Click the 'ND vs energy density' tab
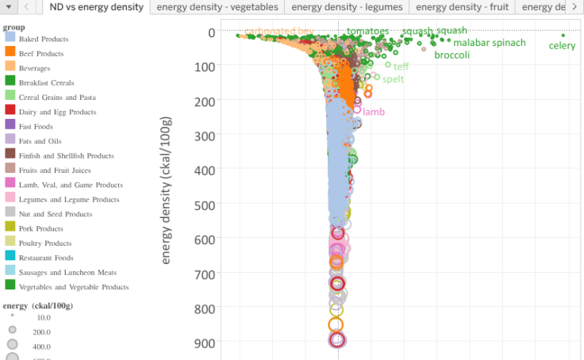94,7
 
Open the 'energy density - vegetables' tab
217,7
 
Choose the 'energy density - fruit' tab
462,7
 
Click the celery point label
562,46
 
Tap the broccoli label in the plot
451,56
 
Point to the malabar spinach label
489,43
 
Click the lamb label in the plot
374,112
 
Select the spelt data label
393,79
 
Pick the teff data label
401,67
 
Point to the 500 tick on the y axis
205,205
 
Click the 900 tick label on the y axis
205,343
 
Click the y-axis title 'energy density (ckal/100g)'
167,190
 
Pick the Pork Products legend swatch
10,228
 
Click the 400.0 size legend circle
12,345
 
